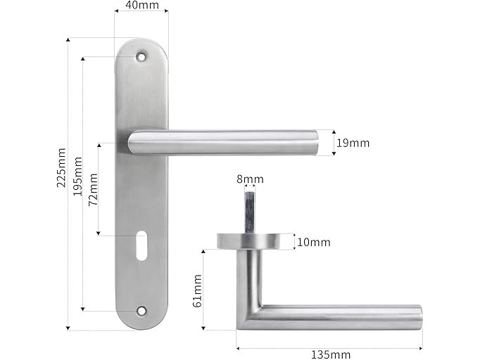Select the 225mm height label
click(61, 167)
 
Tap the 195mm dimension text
click(77, 176)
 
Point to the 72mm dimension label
click(93, 190)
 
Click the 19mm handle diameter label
click(353, 143)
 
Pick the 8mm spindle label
click(250, 179)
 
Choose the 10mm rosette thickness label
click(314, 243)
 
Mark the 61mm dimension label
click(198, 290)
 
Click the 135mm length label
click(331, 355)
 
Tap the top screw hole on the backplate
click(141, 56)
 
